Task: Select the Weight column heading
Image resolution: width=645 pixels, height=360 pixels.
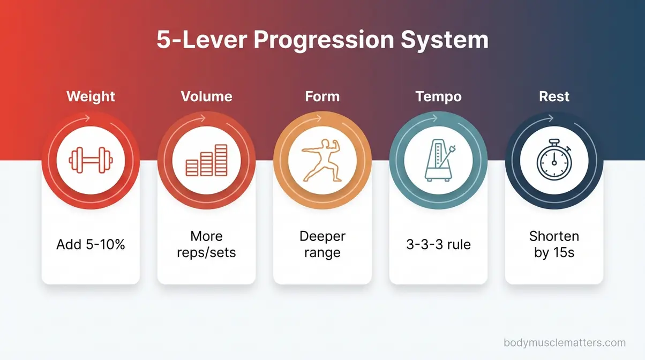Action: (91, 96)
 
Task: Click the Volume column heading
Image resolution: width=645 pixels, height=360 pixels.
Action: (206, 96)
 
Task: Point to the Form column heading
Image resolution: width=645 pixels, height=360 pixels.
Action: (322, 96)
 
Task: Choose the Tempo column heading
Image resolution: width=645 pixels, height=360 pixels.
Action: (438, 96)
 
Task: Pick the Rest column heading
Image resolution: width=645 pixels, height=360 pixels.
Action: (554, 96)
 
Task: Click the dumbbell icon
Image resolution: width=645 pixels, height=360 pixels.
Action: (91, 160)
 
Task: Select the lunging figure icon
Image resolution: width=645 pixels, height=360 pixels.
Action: (322, 160)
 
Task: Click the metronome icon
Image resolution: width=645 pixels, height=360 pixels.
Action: (438, 160)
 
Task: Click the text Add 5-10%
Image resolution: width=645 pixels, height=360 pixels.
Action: (91, 245)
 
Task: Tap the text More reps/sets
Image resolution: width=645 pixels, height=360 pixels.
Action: (206, 244)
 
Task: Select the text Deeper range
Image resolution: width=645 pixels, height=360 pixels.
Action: (322, 244)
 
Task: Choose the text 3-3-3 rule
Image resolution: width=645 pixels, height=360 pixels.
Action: (438, 245)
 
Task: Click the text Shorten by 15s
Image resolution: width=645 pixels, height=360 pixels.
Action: (554, 244)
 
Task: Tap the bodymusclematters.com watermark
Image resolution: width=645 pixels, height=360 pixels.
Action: (565, 343)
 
